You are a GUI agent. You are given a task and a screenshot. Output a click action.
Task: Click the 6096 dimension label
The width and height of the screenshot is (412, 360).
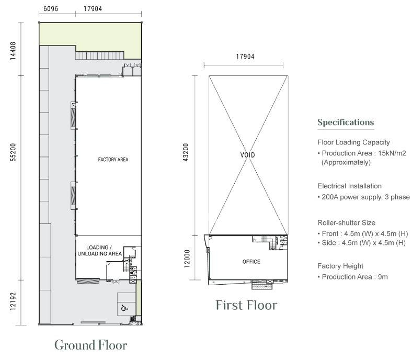[51, 9]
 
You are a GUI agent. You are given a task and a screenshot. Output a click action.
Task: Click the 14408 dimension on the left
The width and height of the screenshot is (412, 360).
[13, 51]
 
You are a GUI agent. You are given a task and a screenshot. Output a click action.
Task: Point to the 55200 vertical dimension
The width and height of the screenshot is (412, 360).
[13, 152]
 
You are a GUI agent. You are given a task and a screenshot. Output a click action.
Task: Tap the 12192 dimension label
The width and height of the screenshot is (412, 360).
[13, 301]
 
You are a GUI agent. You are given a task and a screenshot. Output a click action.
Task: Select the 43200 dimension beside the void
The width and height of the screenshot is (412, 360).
[186, 152]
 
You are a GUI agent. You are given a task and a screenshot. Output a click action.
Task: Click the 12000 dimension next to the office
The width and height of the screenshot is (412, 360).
[187, 259]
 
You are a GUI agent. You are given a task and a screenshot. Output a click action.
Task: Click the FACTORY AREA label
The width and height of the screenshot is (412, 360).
[113, 160]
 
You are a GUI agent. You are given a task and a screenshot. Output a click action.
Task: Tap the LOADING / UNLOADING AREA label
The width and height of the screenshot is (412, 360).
[100, 251]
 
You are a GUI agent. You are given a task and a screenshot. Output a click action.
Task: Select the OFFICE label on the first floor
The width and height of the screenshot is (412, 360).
[251, 262]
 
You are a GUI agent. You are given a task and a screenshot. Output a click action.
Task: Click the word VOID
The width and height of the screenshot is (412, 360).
[247, 155]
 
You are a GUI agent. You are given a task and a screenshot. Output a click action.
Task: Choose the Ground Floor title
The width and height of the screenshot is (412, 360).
[90, 345]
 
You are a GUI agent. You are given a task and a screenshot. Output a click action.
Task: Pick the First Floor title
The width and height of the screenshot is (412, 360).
[246, 305]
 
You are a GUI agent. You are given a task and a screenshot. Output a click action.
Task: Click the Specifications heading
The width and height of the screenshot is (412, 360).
[346, 122]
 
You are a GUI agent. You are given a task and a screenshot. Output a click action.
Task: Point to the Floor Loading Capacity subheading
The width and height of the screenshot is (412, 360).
[353, 142]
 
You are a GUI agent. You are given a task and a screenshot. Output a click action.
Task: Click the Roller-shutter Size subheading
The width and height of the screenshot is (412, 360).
[346, 223]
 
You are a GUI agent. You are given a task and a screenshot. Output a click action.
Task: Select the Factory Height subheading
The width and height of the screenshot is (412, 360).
[340, 266]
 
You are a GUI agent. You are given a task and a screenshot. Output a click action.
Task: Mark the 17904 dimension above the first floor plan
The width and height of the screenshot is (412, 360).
[245, 57]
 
